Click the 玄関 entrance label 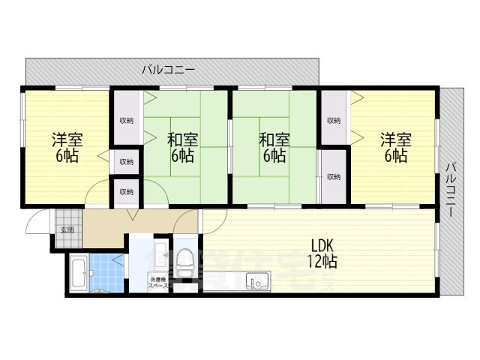tap(67, 230)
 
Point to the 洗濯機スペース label tap(158, 283)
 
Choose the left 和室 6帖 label tap(181, 148)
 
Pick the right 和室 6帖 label tap(273, 148)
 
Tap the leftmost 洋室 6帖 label tap(67, 148)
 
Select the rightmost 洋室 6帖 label tap(393, 148)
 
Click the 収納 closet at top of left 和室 tap(126, 120)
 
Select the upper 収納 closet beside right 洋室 tap(334, 120)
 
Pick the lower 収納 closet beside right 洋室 tap(334, 177)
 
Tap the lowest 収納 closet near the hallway tap(126, 191)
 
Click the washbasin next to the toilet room tap(159, 255)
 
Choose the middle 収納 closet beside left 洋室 tap(126, 161)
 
